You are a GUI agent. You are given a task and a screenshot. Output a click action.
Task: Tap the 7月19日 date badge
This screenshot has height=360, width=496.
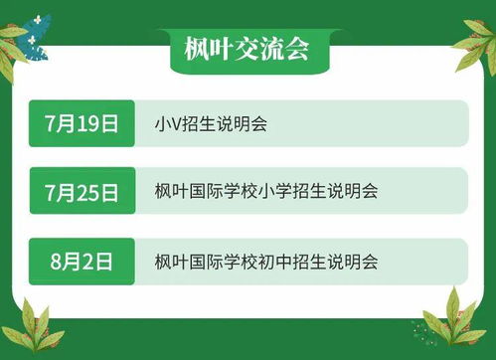(82, 123)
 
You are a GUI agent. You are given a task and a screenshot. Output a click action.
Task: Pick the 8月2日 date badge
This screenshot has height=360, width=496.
(82, 262)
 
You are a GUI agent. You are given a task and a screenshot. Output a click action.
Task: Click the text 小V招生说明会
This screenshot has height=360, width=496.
(211, 124)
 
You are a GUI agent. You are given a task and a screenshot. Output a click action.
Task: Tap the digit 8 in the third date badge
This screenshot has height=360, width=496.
(58, 262)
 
